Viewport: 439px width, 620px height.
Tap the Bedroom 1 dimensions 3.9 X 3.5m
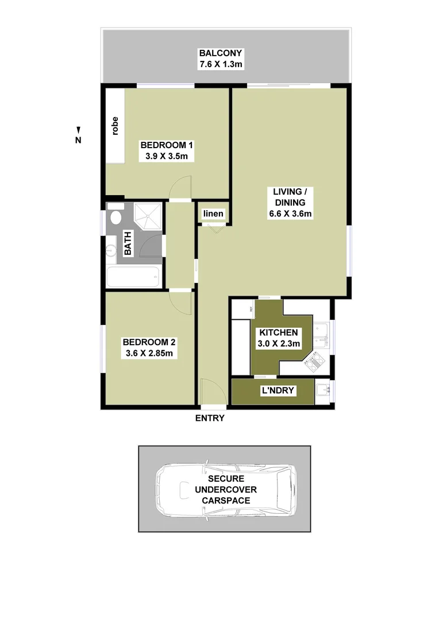click(x=167, y=156)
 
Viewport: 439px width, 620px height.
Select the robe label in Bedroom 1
click(x=115, y=126)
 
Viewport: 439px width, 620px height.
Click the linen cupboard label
click(x=213, y=214)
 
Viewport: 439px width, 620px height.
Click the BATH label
click(x=128, y=243)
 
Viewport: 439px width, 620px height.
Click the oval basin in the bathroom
click(x=115, y=218)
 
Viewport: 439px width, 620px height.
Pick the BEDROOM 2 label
click(x=148, y=342)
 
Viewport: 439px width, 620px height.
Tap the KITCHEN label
click(x=278, y=332)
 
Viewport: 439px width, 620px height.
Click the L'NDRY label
click(x=279, y=391)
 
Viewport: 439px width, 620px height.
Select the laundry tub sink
click(x=324, y=391)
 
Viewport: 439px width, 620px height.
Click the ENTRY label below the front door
click(x=210, y=418)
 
